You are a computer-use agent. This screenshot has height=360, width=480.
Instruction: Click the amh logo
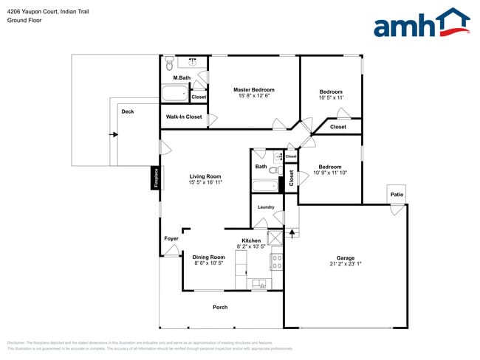point(421,24)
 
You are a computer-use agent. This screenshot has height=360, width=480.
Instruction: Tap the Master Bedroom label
point(253,90)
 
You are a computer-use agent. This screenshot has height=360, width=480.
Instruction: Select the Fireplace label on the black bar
point(156,177)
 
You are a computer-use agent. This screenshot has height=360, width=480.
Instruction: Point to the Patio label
point(397,195)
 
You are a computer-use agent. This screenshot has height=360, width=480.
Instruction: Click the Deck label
point(128,111)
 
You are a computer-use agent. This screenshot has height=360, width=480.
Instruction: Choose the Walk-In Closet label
point(184,117)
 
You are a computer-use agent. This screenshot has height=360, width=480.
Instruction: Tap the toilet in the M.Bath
point(169,62)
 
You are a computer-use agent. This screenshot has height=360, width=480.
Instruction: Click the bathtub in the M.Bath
point(175,94)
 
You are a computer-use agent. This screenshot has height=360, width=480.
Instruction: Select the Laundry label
point(266,207)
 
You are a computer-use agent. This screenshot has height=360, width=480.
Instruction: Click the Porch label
point(220,307)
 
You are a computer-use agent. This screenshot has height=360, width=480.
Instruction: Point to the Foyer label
point(171,238)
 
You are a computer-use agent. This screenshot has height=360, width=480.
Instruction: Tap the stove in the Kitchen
point(277,260)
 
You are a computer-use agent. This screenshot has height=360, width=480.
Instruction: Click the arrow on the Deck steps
point(113,134)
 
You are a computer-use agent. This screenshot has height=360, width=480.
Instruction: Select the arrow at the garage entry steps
point(292,234)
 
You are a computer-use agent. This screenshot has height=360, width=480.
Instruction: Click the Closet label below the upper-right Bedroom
point(337,127)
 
